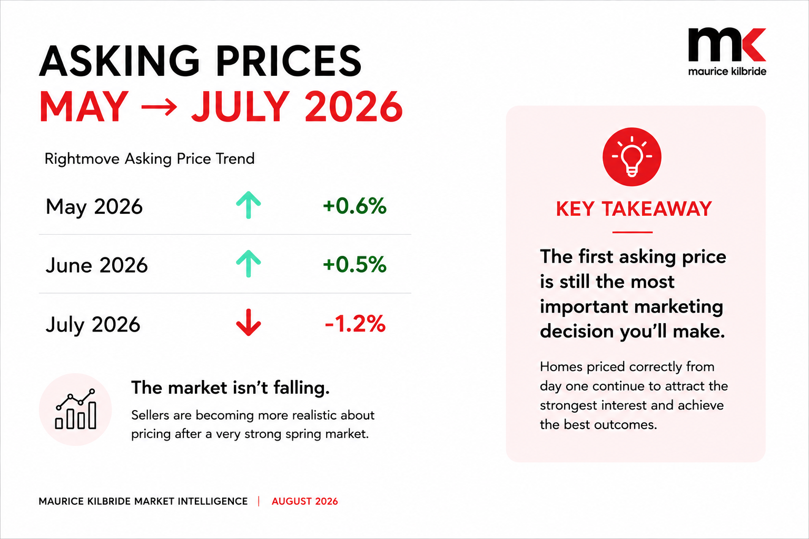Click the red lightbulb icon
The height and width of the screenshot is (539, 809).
click(632, 157)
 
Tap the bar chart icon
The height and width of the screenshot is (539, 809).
click(75, 410)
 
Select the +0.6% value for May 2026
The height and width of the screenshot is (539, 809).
click(354, 206)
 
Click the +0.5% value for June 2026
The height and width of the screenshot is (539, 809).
click(354, 264)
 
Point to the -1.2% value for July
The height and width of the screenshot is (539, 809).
click(356, 324)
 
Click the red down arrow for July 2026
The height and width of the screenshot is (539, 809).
click(249, 322)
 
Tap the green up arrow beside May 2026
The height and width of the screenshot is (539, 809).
click(249, 205)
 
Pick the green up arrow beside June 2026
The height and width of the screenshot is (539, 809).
click(249, 264)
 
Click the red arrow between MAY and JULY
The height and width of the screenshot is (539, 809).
click(159, 107)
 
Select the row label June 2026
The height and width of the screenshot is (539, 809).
click(96, 265)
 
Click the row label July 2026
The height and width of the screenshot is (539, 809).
click(93, 324)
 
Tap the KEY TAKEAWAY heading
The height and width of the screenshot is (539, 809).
click(634, 208)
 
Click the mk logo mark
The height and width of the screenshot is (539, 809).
click(727, 45)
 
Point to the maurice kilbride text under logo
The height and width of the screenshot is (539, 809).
click(727, 71)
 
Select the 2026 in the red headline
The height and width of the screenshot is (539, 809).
click(354, 106)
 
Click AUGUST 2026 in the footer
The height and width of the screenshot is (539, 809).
click(305, 501)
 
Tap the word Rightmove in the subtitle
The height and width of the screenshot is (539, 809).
click(82, 159)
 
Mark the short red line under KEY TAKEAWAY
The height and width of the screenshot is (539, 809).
click(633, 232)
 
